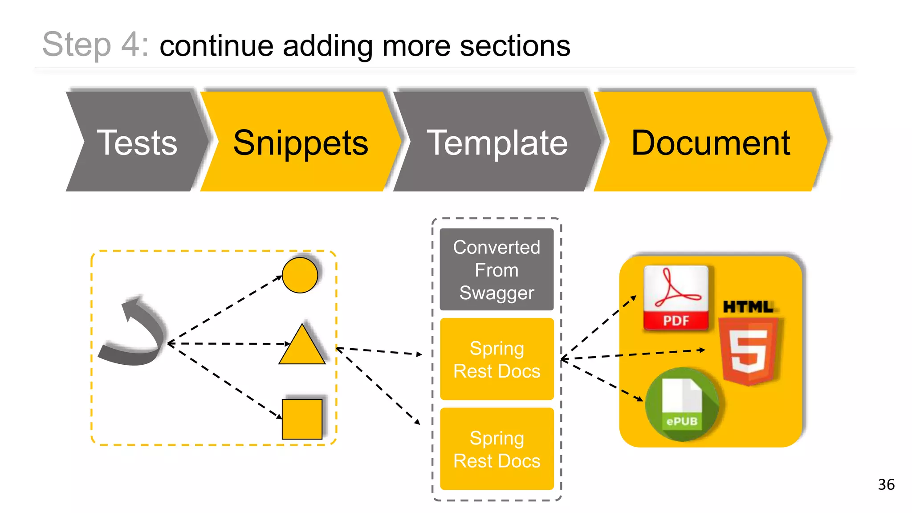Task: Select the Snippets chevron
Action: click(x=301, y=142)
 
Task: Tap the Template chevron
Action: click(x=497, y=142)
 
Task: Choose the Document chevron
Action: click(x=710, y=142)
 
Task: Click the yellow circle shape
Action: click(x=300, y=275)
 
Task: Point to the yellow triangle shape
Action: click(x=302, y=347)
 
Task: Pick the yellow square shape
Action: click(x=302, y=419)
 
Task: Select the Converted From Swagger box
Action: click(x=497, y=269)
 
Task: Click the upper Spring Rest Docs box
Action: click(x=497, y=359)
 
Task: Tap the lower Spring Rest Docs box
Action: click(x=497, y=449)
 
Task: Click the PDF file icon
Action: click(x=676, y=298)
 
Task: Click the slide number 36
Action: click(x=886, y=484)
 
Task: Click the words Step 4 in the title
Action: click(x=95, y=45)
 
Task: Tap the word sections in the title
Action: click(x=515, y=45)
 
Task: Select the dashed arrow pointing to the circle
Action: click(x=225, y=309)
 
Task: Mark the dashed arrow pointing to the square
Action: click(x=225, y=381)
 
